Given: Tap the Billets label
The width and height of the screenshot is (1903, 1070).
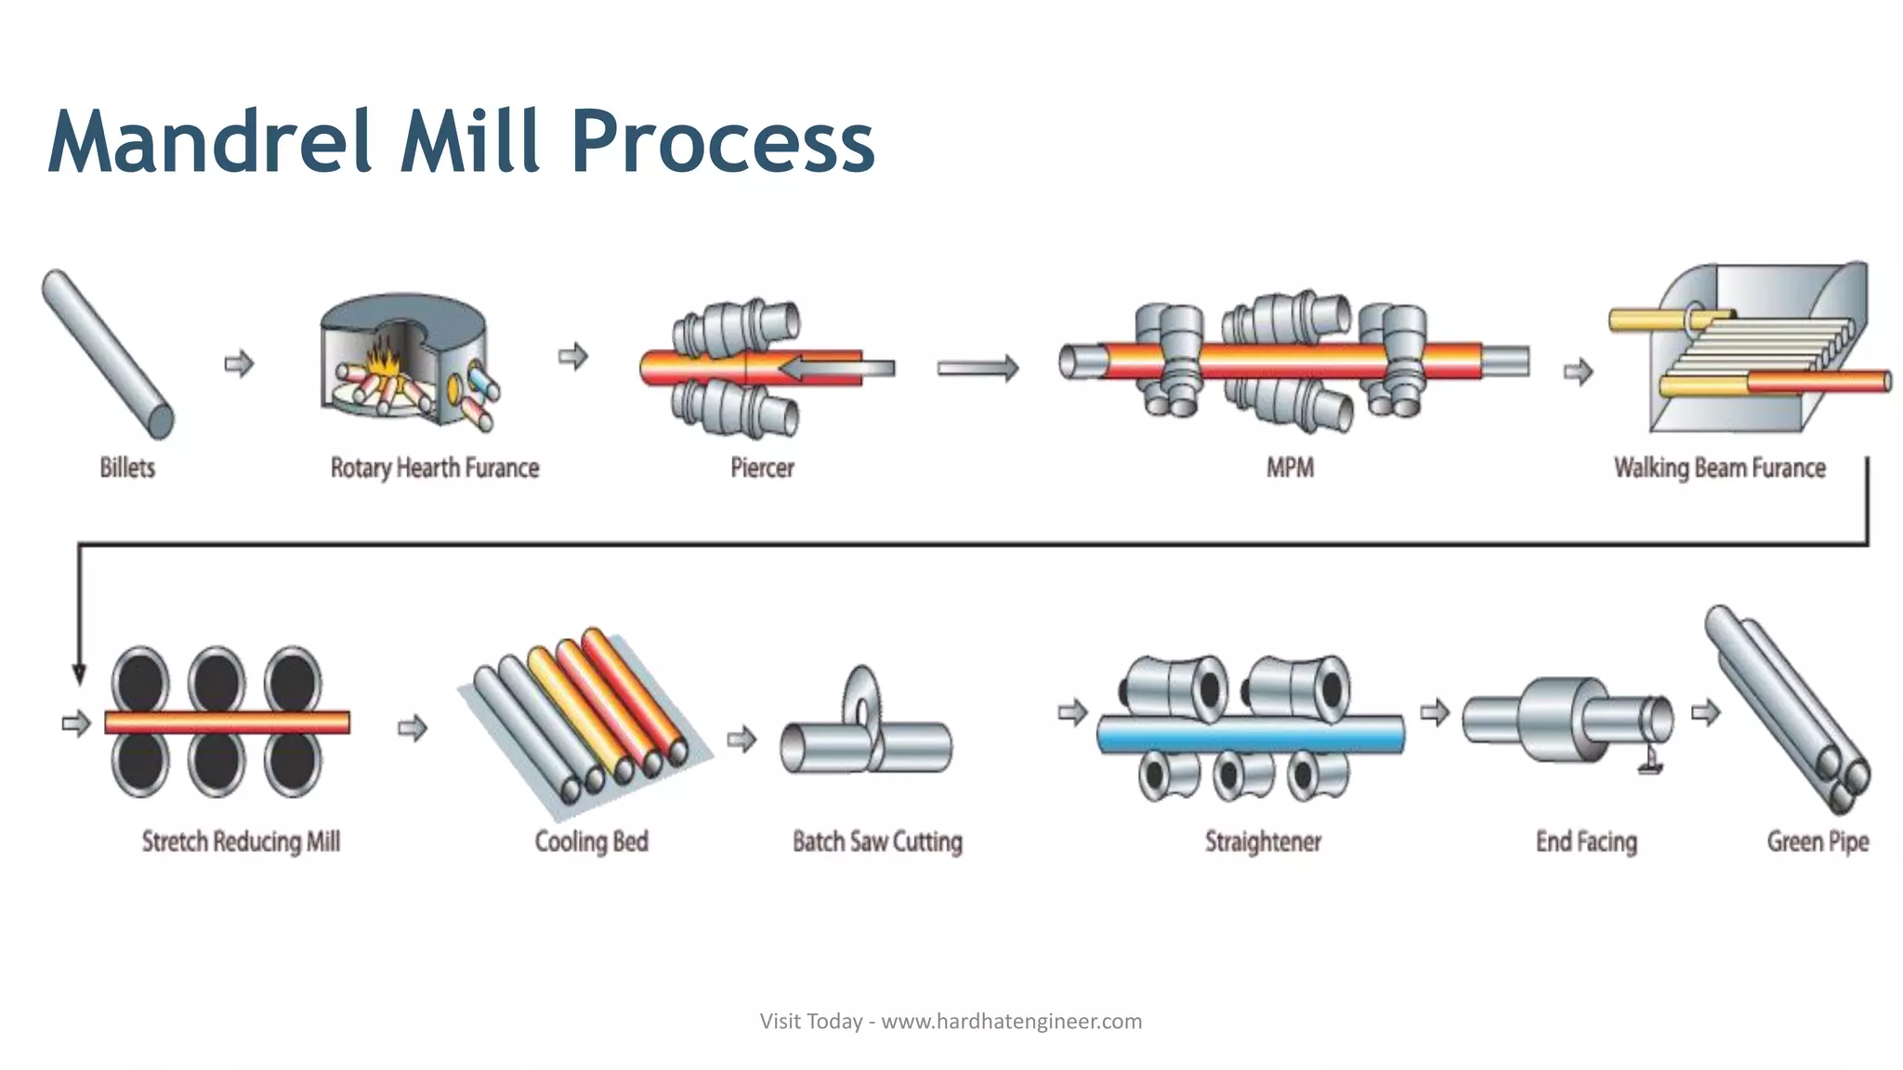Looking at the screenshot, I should pos(127,467).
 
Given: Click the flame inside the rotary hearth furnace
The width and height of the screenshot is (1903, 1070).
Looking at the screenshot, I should pos(382,359).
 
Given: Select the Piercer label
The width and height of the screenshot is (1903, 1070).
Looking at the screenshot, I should pos(762,467).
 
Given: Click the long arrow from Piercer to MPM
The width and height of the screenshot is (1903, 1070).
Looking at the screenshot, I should pos(978,369).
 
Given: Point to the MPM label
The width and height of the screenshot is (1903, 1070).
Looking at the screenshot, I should pos(1290,467).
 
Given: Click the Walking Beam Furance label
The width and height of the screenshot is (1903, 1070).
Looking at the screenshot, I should pos(1719,467).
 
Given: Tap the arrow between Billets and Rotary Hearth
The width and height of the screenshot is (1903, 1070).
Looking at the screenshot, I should pos(240,363).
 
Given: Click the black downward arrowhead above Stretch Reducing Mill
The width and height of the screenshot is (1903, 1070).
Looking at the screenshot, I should pos(79,672).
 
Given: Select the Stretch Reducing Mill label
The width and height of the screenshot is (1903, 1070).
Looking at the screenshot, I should pos(241,842).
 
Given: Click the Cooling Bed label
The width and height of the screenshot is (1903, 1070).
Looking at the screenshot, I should pos(591,842).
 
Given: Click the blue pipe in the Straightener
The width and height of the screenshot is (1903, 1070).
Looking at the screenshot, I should pos(1251,735).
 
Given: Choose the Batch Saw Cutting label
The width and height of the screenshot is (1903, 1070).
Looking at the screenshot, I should pos(877,842).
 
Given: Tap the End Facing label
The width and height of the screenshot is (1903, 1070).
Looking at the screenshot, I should pos(1586,842).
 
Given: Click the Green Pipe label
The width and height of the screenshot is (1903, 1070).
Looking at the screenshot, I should pos(1818,842).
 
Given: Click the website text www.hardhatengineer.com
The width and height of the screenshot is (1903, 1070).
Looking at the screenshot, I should pos(1011,1022).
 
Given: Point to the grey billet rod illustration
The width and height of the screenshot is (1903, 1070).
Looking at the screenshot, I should pos(107,353).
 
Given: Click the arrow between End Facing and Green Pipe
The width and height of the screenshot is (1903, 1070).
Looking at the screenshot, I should pos(1705,713).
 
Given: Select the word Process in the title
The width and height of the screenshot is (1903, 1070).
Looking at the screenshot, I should pos(723,142).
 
